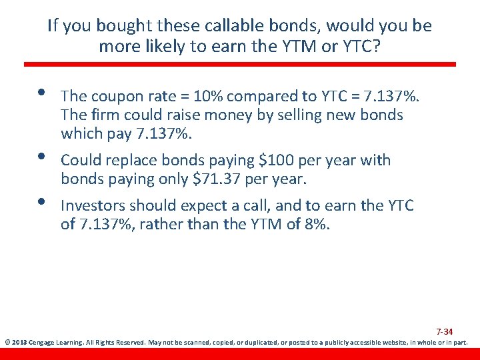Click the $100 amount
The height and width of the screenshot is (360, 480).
coord(259,160)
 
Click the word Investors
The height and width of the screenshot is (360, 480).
coord(95,205)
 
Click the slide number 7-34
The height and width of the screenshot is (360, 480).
coord(445,331)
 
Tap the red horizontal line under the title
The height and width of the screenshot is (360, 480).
coord(240,64)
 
